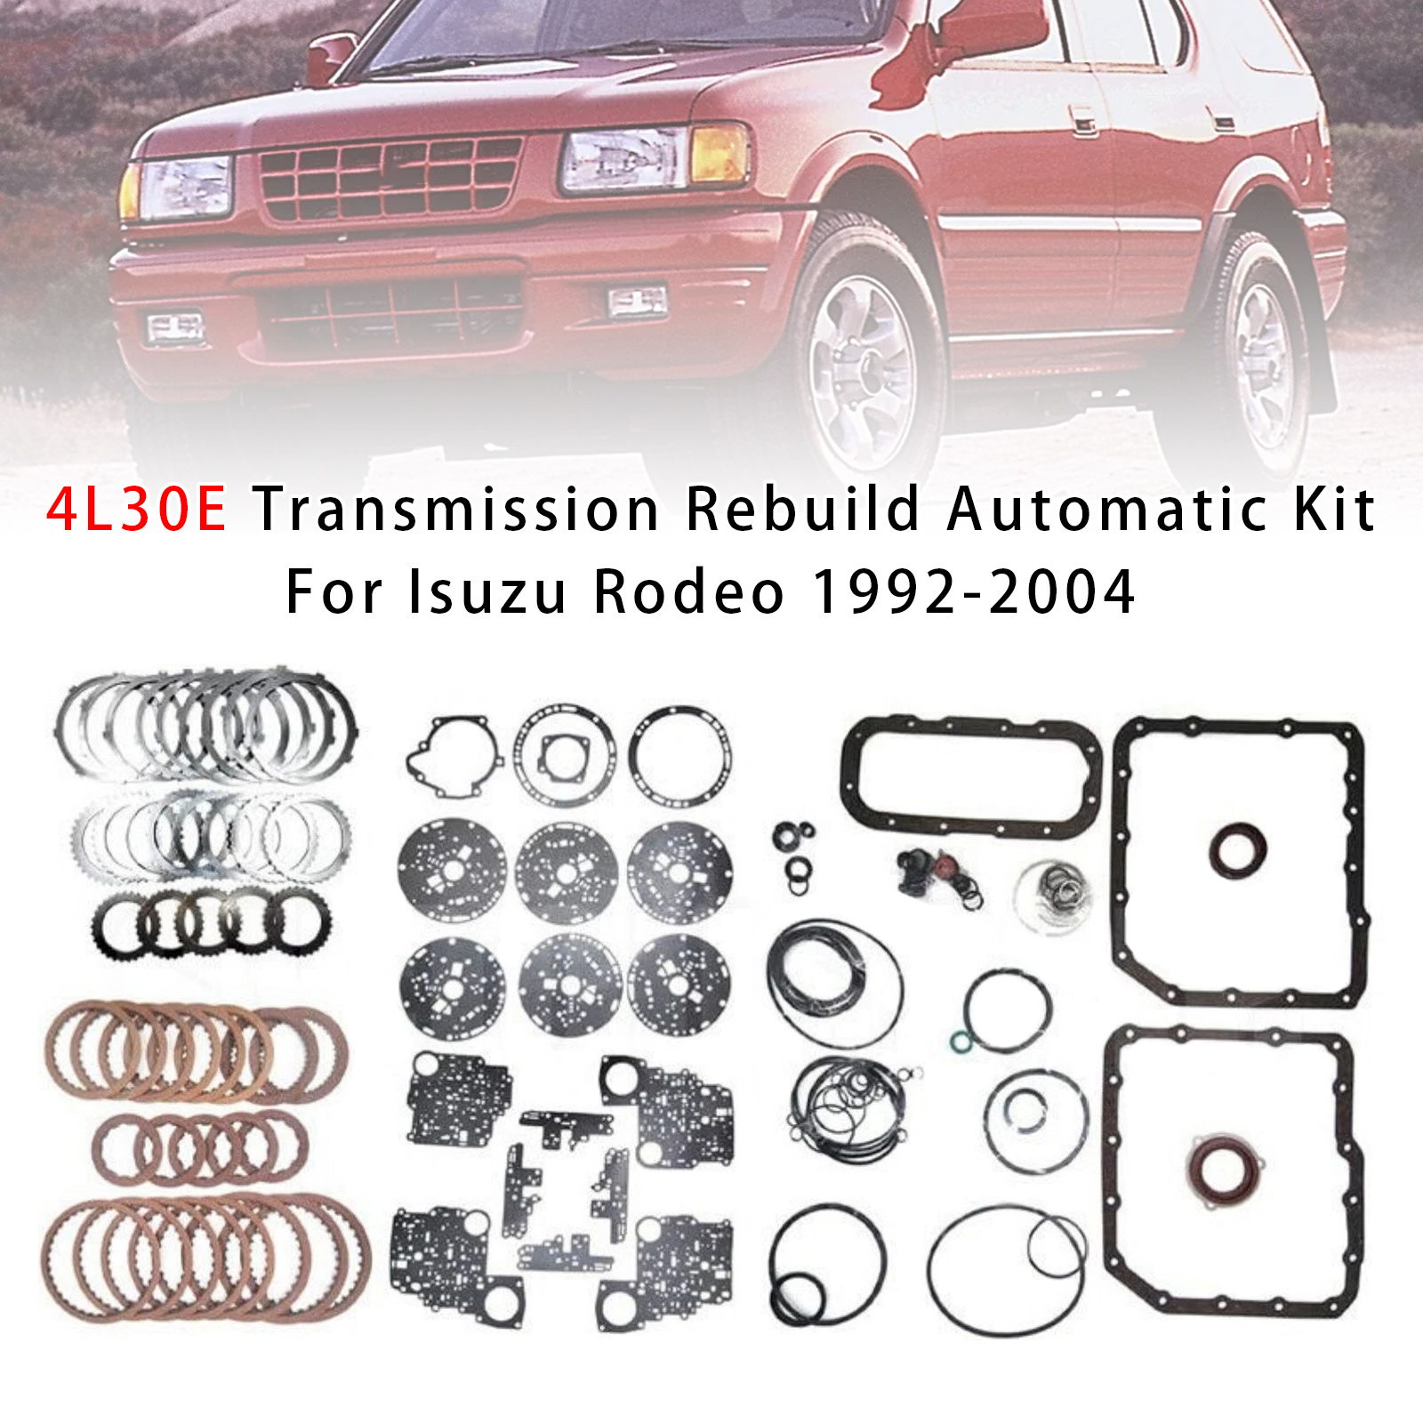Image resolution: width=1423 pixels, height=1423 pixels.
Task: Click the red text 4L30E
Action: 137,510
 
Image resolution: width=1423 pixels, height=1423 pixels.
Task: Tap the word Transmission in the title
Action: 456,510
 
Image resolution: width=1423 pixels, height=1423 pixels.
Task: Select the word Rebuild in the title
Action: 802,510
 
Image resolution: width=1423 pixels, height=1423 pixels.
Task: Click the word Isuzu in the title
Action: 487,592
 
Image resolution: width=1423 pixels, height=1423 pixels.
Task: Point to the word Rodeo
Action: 689,592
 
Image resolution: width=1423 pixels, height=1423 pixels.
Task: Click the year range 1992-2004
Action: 974,592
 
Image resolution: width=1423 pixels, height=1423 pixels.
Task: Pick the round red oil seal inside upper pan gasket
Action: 1237,850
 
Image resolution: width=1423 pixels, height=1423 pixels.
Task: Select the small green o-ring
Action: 961,1041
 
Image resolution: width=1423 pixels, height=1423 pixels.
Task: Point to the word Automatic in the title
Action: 1107,510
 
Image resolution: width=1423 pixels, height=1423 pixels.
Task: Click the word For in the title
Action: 334,592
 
